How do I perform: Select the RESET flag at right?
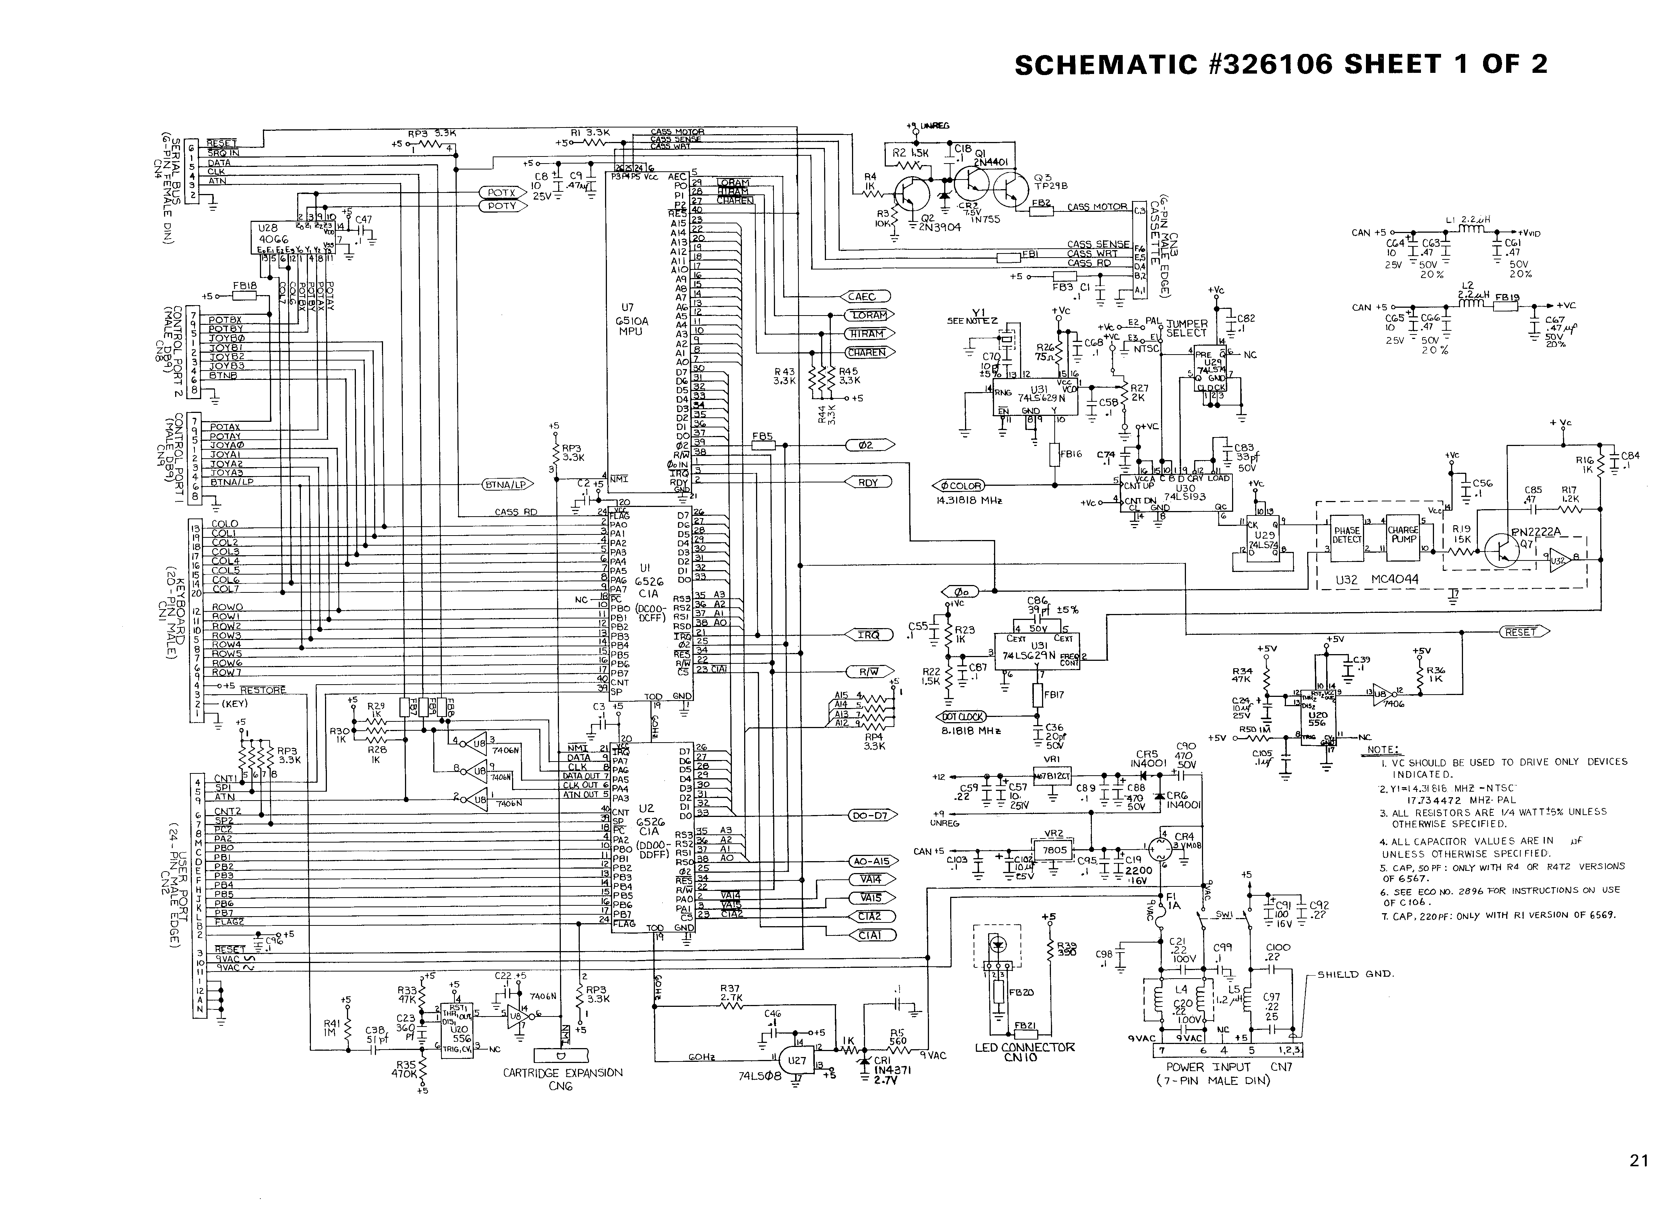1523,632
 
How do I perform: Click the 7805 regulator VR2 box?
1055,850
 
